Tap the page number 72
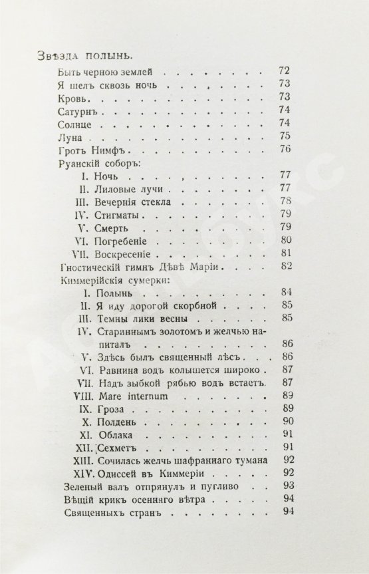(x=285, y=71)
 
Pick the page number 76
(x=286, y=150)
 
